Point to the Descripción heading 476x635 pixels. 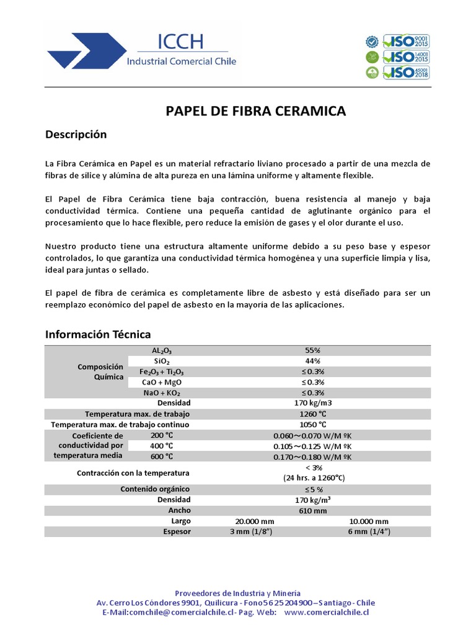(x=76, y=135)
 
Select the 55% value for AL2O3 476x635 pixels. (x=313, y=350)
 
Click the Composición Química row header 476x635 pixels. (x=97, y=371)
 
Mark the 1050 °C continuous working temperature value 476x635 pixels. (x=313, y=425)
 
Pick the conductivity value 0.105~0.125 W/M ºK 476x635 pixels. (x=313, y=446)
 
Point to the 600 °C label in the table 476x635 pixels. (x=162, y=456)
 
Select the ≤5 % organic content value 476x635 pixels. (x=313, y=489)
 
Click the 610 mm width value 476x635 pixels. (x=313, y=510)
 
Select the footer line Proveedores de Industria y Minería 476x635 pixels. (x=237, y=593)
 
